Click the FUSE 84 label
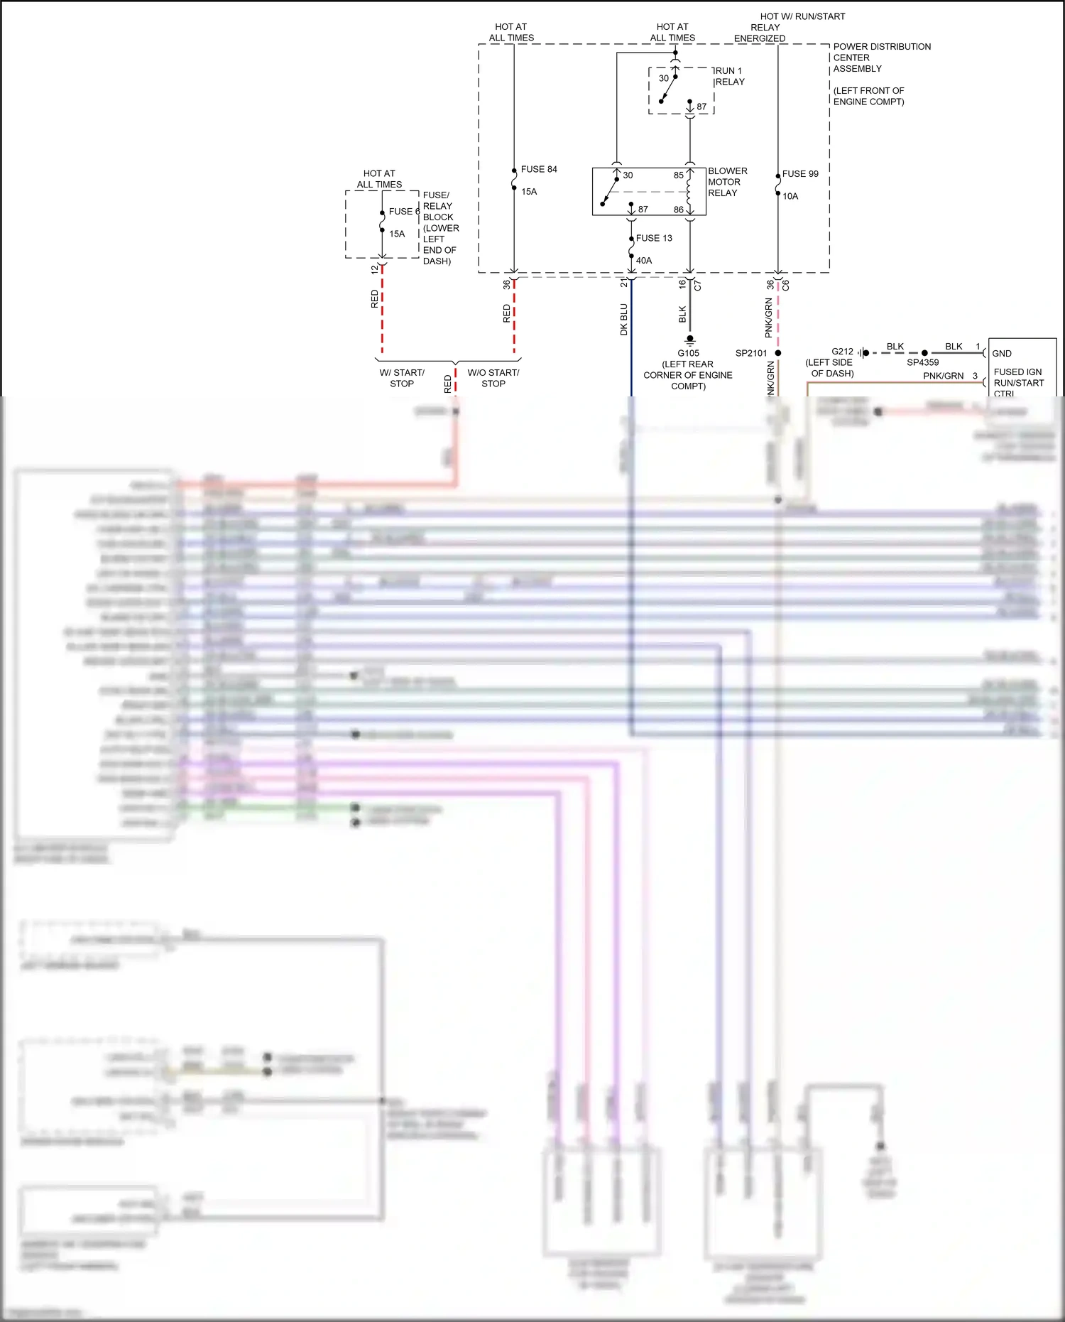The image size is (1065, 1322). pyautogui.click(x=538, y=169)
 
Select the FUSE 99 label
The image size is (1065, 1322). pyautogui.click(x=799, y=174)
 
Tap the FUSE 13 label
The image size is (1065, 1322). pyautogui.click(x=653, y=238)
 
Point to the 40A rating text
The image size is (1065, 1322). pyautogui.click(x=643, y=261)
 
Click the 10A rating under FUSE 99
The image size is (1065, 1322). pyautogui.click(x=790, y=196)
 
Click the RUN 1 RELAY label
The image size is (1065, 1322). pyautogui.click(x=729, y=76)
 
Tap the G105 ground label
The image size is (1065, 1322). pyautogui.click(x=688, y=353)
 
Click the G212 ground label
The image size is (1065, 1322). pyautogui.click(x=842, y=352)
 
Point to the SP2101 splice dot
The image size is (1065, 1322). pyautogui.click(x=778, y=353)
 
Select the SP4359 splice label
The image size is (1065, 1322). pyautogui.click(x=922, y=362)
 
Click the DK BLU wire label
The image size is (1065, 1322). pyautogui.click(x=624, y=320)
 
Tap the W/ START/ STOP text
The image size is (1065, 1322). pyautogui.click(x=402, y=378)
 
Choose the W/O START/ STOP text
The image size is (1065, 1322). pyautogui.click(x=493, y=378)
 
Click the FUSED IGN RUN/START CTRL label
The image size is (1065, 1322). pyautogui.click(x=1018, y=382)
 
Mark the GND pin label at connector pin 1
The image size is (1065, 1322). pyautogui.click(x=1001, y=353)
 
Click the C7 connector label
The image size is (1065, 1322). pyautogui.click(x=697, y=286)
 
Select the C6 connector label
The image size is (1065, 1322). pyautogui.click(x=785, y=286)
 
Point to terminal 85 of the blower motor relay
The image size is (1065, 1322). pyautogui.click(x=678, y=175)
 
